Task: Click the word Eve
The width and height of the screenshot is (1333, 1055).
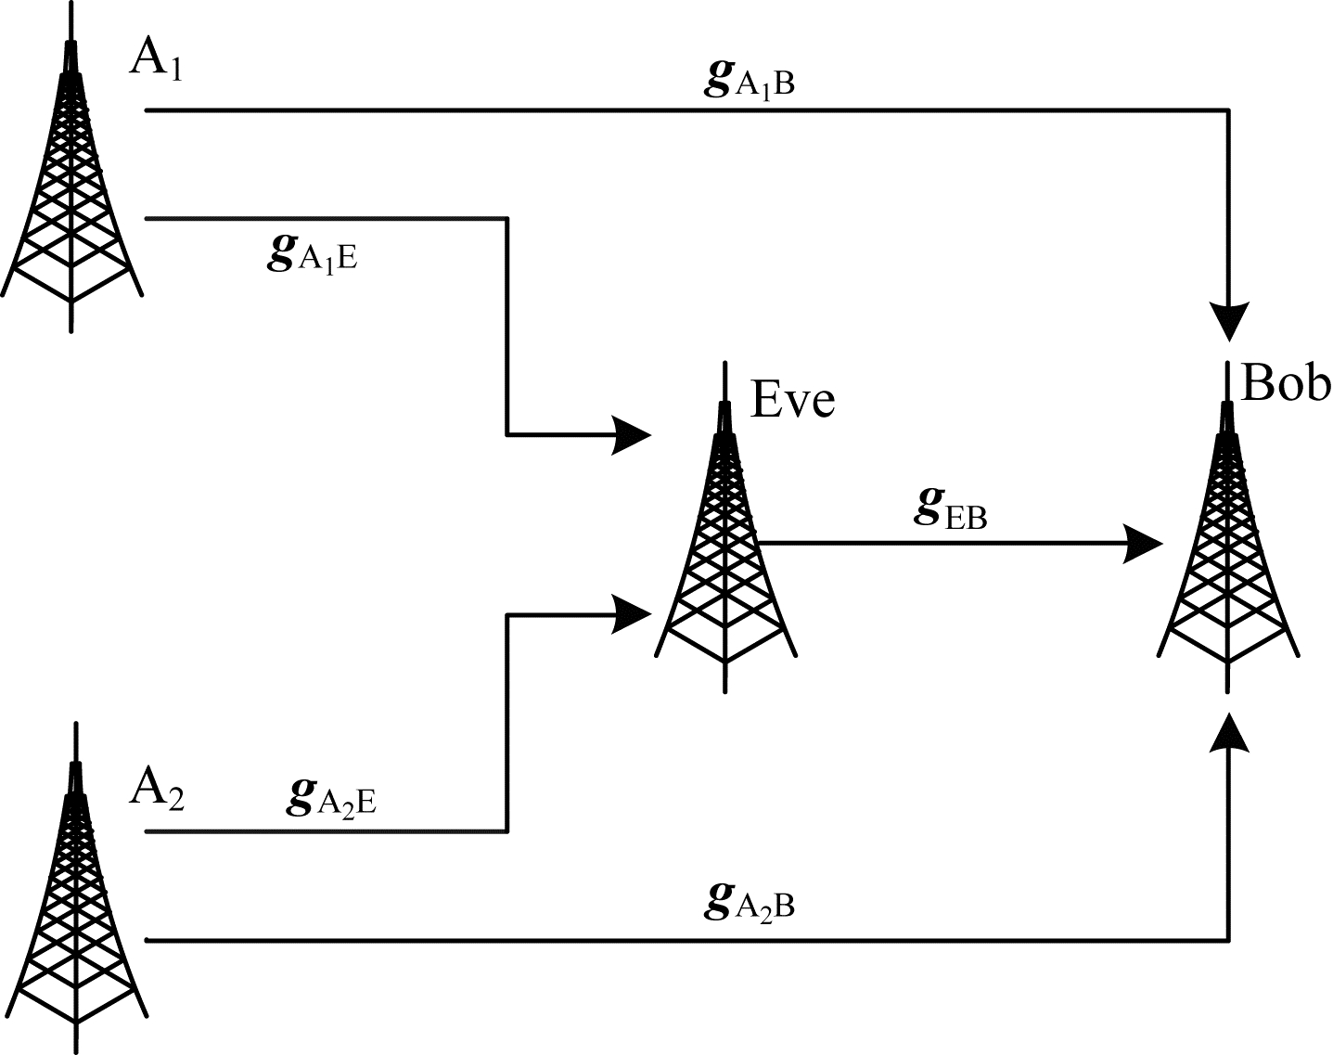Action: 792,400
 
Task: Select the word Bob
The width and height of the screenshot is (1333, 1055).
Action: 1285,382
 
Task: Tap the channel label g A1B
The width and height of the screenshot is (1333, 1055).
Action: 749,81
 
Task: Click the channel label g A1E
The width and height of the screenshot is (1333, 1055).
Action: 312,254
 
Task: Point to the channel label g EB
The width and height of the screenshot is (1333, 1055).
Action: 950,511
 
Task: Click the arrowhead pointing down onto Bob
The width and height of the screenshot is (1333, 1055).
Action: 1229,322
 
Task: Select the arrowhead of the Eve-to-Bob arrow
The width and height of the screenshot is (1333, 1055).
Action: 1143,543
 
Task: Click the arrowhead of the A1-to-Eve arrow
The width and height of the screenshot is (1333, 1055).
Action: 633,434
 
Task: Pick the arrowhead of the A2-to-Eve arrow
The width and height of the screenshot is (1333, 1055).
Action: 633,613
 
